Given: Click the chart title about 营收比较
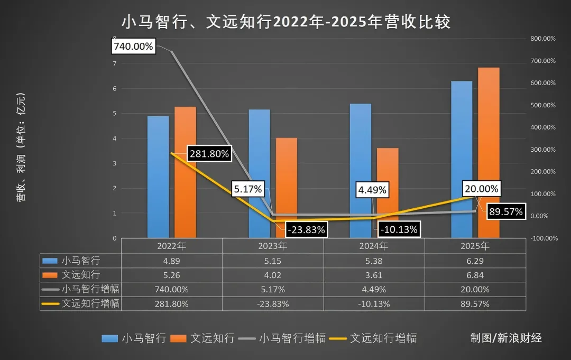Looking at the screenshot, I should tap(285, 22).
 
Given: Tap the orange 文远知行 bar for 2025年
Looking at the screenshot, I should tap(489, 153).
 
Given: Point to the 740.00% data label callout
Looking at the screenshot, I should tap(133, 47).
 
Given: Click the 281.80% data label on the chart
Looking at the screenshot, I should tap(209, 154).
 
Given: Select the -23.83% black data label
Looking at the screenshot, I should tap(306, 229).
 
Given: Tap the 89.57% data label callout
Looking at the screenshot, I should tap(505, 212).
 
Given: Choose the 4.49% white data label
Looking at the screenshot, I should tap(372, 189).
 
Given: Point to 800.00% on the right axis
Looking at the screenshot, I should tap(542, 39).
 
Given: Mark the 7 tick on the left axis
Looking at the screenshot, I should tap(114, 63).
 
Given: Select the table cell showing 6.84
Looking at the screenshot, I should tap(475, 275).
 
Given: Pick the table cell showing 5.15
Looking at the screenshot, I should tap(272, 261).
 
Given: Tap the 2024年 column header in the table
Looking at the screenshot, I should tap(374, 246).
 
